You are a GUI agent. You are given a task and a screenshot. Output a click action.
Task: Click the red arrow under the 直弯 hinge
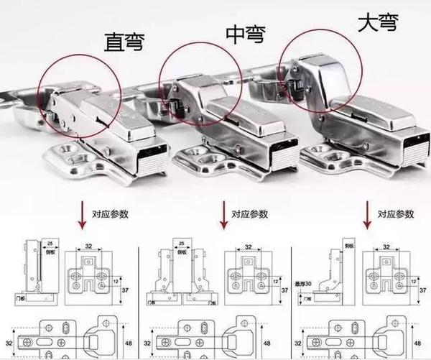(x=84, y=213)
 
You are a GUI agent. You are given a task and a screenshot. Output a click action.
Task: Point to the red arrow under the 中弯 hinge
(x=224, y=213)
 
